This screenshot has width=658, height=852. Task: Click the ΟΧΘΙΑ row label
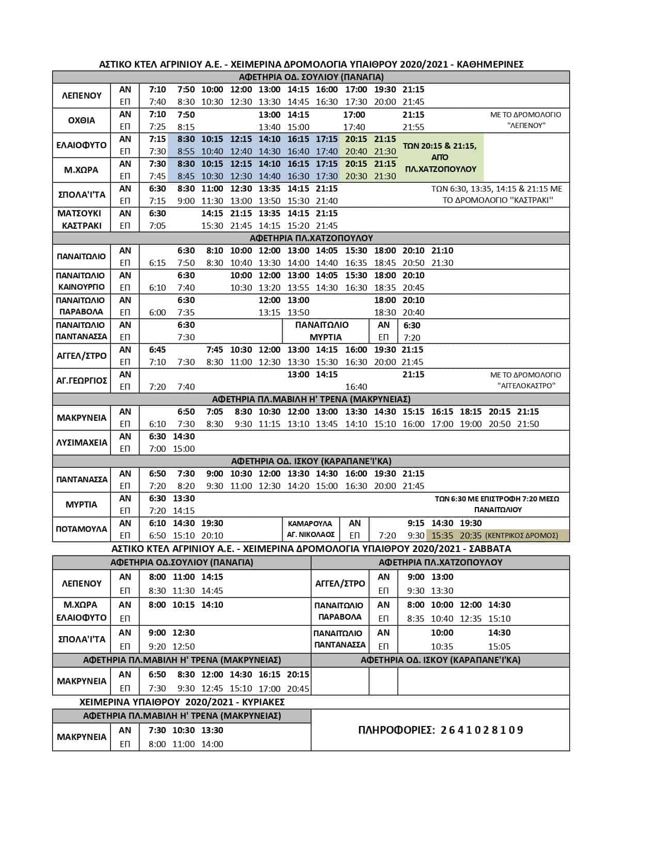(82, 120)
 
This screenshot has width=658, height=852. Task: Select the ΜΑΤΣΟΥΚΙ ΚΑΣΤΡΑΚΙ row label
(82, 219)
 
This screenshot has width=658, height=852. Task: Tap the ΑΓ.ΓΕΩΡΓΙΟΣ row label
(82, 381)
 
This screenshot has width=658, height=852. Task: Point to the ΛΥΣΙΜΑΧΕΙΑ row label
(82, 443)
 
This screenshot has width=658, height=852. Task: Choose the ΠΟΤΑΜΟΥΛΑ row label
(82, 529)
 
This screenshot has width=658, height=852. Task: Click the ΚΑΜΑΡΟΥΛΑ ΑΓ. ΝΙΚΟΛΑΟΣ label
(310, 529)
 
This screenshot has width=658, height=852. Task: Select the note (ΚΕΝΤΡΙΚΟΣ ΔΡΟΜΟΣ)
(522, 536)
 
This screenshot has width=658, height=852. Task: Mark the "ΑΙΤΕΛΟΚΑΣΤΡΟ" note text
(526, 386)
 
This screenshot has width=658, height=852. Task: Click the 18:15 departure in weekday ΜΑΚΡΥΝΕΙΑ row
(470, 412)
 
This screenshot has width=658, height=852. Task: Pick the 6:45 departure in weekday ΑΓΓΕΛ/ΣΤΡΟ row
(157, 350)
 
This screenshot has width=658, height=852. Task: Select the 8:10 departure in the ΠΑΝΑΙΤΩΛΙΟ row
(215, 250)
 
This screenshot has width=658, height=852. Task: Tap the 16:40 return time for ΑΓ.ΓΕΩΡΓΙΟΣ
(356, 387)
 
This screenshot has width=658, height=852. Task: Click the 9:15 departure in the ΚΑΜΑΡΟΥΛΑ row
(415, 523)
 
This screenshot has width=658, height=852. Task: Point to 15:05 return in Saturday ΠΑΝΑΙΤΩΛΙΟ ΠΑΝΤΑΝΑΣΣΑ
(499, 646)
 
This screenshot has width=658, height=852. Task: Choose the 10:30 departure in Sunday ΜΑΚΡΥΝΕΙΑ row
(184, 730)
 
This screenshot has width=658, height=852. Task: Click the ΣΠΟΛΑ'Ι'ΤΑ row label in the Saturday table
(82, 639)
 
